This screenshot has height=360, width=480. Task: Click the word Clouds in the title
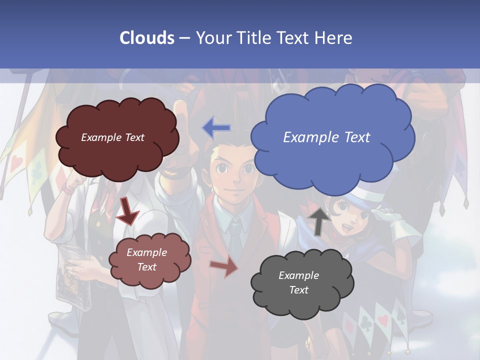(147, 38)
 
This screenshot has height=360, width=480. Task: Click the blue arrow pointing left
(216, 128)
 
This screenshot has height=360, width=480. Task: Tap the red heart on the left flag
(17, 161)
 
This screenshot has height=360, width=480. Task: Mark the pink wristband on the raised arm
(68, 190)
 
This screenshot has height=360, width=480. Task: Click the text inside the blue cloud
(326, 137)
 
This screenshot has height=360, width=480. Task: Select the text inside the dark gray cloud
(298, 282)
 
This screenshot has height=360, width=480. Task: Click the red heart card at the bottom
(383, 320)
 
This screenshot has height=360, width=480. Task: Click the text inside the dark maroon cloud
(112, 137)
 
